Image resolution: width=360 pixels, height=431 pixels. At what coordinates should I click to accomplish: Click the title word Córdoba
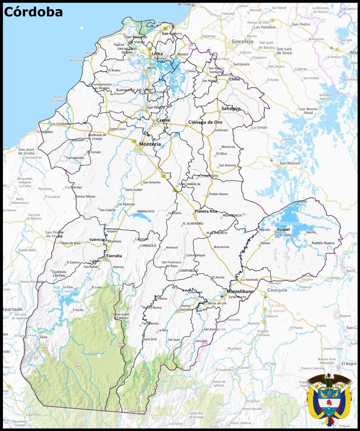pos(33,12)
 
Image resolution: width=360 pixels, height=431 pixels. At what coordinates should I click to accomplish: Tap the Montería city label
pos(150,144)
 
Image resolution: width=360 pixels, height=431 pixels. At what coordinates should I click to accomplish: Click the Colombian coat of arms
pos(329,399)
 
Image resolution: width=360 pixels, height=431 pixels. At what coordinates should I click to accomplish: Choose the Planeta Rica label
pos(206,211)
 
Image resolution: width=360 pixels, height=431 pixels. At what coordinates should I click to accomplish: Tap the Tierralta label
pos(114,256)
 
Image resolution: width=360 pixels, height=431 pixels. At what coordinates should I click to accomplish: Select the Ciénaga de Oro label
pos(205,122)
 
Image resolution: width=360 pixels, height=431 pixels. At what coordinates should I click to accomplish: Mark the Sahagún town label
pos(231,109)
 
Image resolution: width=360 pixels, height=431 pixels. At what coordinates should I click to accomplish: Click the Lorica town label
pos(157,54)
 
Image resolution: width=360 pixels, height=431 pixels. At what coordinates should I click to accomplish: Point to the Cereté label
pos(163,120)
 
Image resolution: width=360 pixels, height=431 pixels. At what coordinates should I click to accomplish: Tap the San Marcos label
pos(289,163)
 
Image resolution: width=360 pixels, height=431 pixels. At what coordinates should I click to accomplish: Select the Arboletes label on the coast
pos(45,132)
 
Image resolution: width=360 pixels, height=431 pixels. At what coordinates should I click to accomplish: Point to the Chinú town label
pos(234,79)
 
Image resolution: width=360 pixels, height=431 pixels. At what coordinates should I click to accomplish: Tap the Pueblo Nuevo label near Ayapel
pos(323,243)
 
